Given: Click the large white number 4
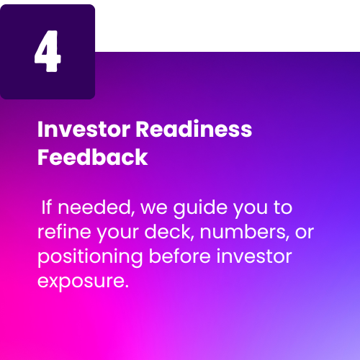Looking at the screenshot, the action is click(48, 51).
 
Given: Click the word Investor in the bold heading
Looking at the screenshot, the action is click(84, 130).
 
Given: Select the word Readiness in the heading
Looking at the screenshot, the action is click(194, 129).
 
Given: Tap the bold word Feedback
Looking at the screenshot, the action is click(93, 157).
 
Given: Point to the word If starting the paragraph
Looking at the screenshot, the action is click(46, 207).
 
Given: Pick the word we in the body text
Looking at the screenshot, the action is click(154, 208).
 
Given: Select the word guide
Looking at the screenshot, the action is click(200, 208).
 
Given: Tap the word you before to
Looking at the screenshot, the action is click(251, 210).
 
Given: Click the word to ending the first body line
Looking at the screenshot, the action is click(283, 207).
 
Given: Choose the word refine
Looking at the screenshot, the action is click(64, 231).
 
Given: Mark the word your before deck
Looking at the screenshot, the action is click(118, 234).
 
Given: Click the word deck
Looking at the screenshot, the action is click(169, 232).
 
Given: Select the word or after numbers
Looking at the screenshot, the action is click(305, 233).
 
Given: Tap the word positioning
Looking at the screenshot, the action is click(90, 257).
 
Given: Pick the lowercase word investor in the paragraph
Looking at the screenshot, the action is click(254, 256).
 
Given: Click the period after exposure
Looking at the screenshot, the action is click(127, 286).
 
